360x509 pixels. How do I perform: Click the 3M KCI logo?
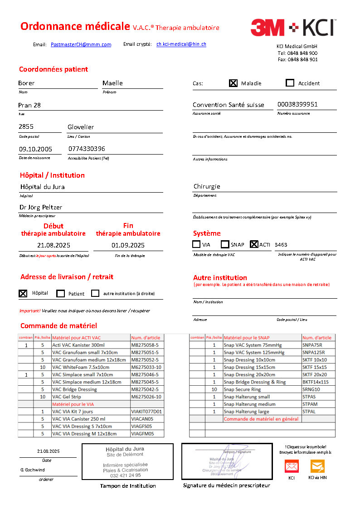pos(292,28)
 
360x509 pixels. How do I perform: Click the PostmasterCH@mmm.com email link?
pos(81,44)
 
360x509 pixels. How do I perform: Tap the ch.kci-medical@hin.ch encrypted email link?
pos(181,44)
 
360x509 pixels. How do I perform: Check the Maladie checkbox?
pos(233,83)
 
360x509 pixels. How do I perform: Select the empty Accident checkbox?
pos(290,83)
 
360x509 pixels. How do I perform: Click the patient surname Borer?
pos(26,83)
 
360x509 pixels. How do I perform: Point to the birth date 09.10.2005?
pos(35,149)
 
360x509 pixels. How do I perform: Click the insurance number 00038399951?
pos(297,104)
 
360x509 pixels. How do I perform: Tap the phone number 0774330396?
pos(87,149)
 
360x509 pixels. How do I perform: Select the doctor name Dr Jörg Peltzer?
pos(41,207)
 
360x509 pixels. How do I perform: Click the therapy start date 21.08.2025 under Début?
pos(53,245)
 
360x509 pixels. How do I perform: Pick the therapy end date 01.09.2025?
pos(128,245)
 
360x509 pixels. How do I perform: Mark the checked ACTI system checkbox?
pos(254,244)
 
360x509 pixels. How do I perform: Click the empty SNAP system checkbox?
pos(225,244)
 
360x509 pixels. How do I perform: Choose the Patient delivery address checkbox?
pos(60,293)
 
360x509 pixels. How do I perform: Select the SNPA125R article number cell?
pos(313,353)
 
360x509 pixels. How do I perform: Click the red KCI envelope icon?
pos(291,466)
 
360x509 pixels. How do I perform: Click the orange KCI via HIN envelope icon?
pos(317,466)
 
